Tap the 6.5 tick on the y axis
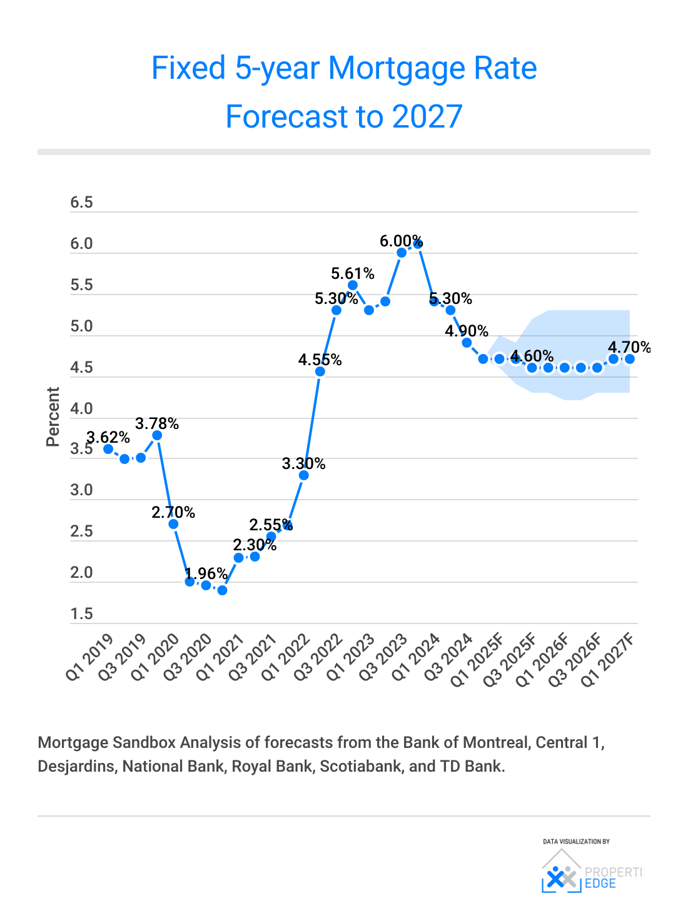[81, 203]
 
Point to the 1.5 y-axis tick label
[81, 614]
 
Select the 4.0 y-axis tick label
[81, 409]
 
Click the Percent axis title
[53, 416]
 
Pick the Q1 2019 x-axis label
[90, 657]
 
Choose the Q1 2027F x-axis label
[607, 660]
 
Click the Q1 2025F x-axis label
[477, 660]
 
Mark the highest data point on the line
[418, 244]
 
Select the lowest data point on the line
[222, 590]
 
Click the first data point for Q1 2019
[108, 449]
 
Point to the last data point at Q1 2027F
[630, 359]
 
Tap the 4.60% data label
[532, 356]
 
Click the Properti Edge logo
[591, 870]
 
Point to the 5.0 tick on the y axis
[81, 326]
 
